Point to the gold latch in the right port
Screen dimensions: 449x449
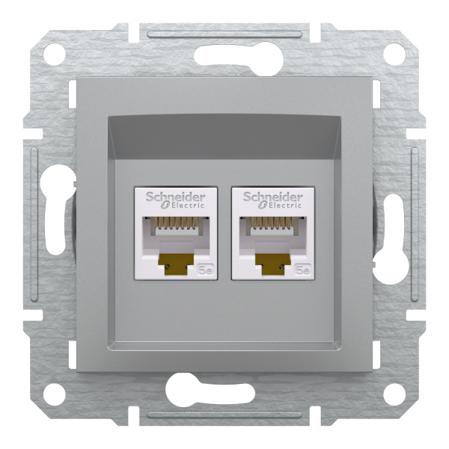[x=273, y=262]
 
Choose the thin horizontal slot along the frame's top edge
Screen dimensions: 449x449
[x=224, y=34]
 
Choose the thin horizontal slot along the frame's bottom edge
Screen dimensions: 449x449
[x=224, y=415]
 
